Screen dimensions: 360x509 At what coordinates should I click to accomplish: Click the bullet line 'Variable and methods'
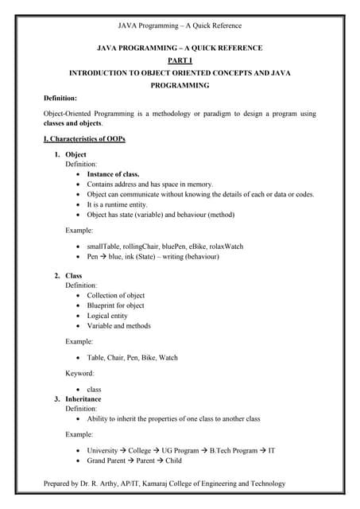coord(118,326)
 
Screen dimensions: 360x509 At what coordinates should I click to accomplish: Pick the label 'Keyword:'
coord(79,373)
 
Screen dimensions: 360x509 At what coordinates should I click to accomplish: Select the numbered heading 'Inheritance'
coord(83,398)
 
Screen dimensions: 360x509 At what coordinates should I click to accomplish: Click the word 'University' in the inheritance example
coord(103,451)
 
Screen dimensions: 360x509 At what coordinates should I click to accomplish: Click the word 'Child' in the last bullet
coord(173,460)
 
